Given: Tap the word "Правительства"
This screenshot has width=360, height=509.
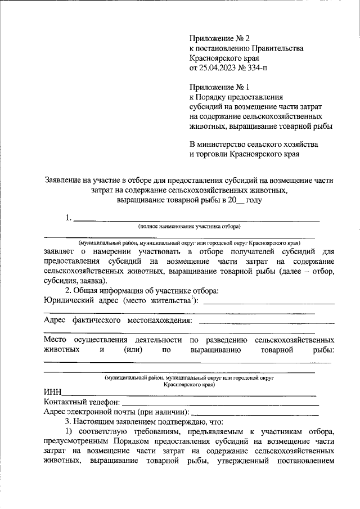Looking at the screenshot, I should tap(277, 48).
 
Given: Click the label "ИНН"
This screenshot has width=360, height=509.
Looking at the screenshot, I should tap(53, 393).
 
